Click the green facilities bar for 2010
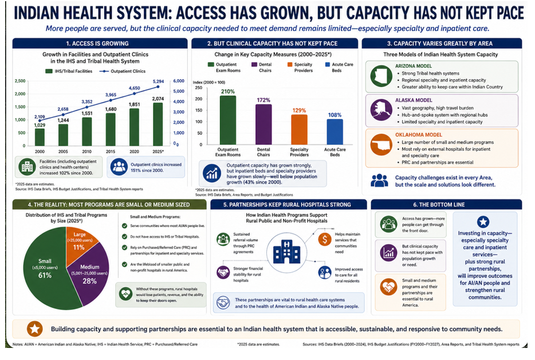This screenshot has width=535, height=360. (x=87, y=131)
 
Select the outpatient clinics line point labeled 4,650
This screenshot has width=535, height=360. (x=134, y=93)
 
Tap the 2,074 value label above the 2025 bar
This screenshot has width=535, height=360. (x=158, y=99)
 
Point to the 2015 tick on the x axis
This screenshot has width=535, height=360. (x=111, y=151)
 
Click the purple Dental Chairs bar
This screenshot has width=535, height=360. (x=263, y=124)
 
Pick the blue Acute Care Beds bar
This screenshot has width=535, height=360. (x=335, y=132)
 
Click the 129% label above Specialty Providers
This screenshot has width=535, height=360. (x=299, y=110)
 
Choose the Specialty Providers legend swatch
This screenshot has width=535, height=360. (x=290, y=64)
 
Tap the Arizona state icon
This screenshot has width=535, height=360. (x=381, y=76)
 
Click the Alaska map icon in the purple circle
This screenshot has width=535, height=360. (x=381, y=110)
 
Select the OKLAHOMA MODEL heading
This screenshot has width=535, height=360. (x=418, y=135)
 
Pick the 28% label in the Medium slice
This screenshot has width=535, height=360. (x=89, y=281)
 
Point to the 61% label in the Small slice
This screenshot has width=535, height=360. (x=45, y=275)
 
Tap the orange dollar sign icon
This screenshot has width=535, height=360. (x=324, y=239)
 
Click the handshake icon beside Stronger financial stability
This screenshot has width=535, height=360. (x=223, y=272)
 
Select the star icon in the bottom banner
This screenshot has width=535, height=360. (x=35, y=329)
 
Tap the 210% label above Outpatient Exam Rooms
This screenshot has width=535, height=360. (x=227, y=92)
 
